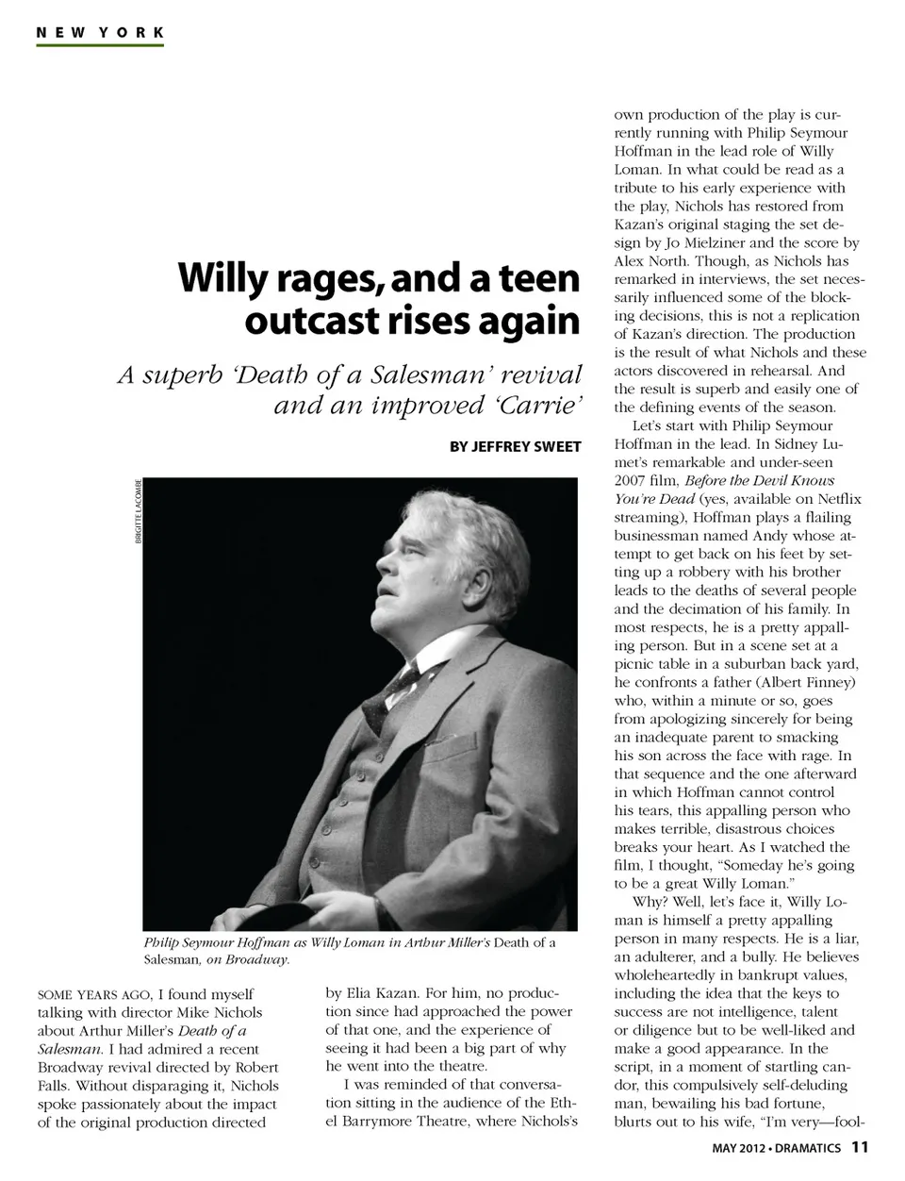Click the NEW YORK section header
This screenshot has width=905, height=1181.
tap(100, 32)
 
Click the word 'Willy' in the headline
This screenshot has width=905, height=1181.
tap(220, 278)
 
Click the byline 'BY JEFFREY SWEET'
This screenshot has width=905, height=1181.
tap(515, 446)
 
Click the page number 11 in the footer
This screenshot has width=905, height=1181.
tap(859, 1148)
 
